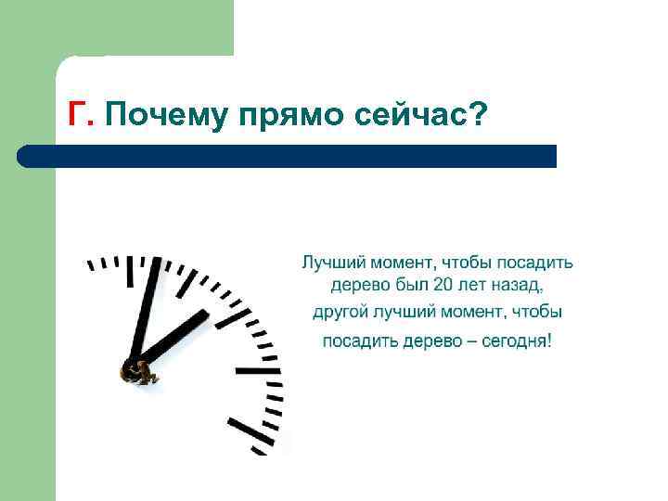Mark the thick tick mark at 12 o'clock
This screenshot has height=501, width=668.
coord(130,269)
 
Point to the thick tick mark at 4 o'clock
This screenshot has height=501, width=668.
coord(247,432)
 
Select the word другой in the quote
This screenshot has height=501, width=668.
coord(340,313)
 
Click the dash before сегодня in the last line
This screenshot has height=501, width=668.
coord(473,341)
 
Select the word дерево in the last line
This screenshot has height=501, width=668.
coord(433,341)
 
